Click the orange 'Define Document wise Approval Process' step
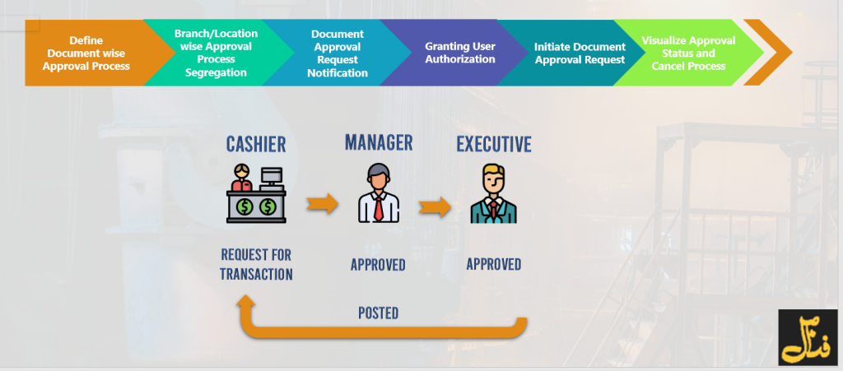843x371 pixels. pyautogui.click(x=86, y=53)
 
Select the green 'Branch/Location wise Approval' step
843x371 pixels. pyautogui.click(x=216, y=53)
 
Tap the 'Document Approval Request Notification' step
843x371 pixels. pyautogui.click(x=337, y=53)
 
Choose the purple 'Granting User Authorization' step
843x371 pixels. pyautogui.click(x=459, y=53)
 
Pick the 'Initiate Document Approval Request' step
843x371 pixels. pyautogui.click(x=580, y=53)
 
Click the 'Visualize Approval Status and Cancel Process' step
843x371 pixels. pyautogui.click(x=688, y=53)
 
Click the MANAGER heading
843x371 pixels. pyautogui.click(x=378, y=141)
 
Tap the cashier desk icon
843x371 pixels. pyautogui.click(x=256, y=194)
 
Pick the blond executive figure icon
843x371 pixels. pyautogui.click(x=494, y=194)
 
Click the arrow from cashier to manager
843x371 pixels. pyautogui.click(x=322, y=203)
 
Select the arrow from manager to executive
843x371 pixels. pyautogui.click(x=435, y=206)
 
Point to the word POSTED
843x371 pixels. pyautogui.click(x=378, y=313)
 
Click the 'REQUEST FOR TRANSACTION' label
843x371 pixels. pyautogui.click(x=256, y=265)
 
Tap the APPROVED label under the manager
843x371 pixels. pyautogui.click(x=378, y=265)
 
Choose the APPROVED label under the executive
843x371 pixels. pyautogui.click(x=494, y=264)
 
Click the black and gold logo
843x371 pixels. pyautogui.click(x=807, y=337)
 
